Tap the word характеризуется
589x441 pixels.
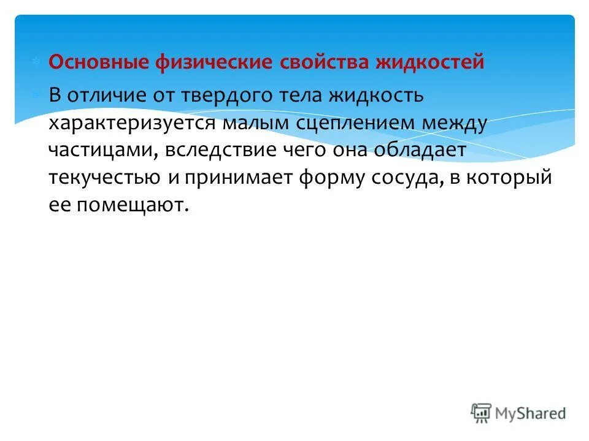pyautogui.click(x=138, y=124)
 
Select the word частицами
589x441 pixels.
pyautogui.click(x=101, y=151)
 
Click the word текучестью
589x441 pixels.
pyautogui.click(x=105, y=178)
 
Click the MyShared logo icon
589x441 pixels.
pyautogui.click(x=482, y=412)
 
